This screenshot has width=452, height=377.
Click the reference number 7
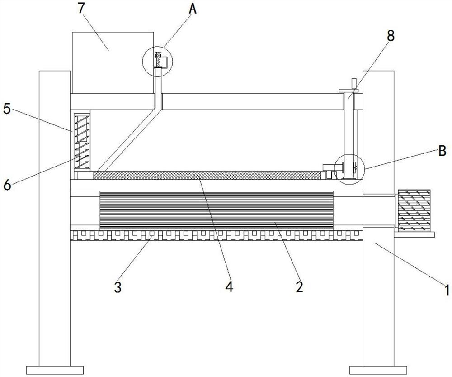click(81, 8)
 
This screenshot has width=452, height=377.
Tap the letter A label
click(193, 9)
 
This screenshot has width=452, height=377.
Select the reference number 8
click(391, 36)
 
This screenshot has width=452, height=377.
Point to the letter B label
click(442, 151)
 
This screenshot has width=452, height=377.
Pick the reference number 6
click(7, 185)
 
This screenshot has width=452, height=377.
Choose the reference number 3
click(118, 287)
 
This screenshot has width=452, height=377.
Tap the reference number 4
click(229, 287)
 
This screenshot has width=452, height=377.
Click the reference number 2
click(300, 287)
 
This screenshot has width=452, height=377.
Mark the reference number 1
click(447, 290)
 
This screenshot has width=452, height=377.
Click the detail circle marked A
click(157, 62)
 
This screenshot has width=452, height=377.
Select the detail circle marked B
click(349, 169)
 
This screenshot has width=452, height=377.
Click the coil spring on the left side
click(82, 142)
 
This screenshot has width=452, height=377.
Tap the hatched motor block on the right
click(414, 210)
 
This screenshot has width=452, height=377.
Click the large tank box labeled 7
click(113, 62)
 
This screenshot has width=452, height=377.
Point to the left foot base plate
click(55, 370)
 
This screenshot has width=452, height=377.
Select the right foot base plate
click(378, 370)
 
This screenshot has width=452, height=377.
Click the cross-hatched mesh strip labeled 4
click(207, 175)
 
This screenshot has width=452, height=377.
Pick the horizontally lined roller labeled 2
click(216, 210)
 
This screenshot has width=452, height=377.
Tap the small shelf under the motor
click(414, 234)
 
